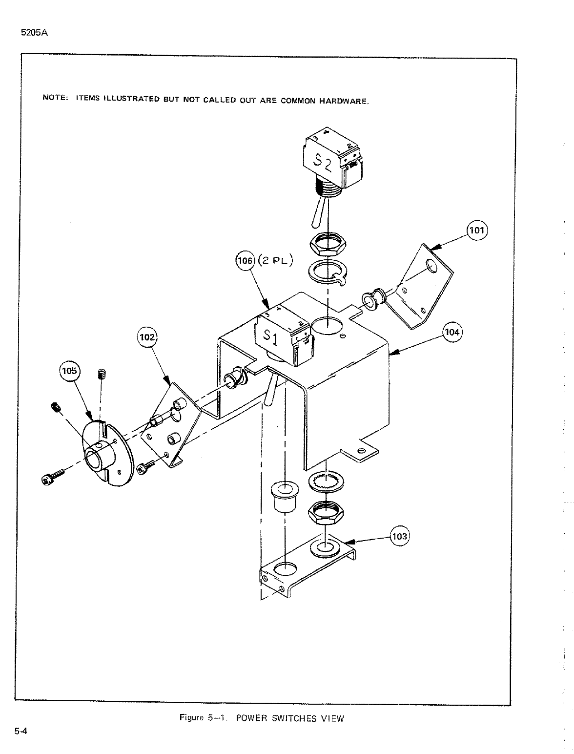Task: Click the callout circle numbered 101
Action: [478, 230]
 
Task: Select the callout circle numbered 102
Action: [148, 337]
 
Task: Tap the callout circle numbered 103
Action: [400, 537]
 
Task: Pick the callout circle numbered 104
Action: [452, 333]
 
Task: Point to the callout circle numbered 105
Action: [69, 371]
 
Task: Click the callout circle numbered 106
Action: [245, 261]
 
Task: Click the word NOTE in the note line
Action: [54, 97]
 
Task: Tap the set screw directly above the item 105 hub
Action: [102, 375]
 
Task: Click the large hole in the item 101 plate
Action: [431, 266]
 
